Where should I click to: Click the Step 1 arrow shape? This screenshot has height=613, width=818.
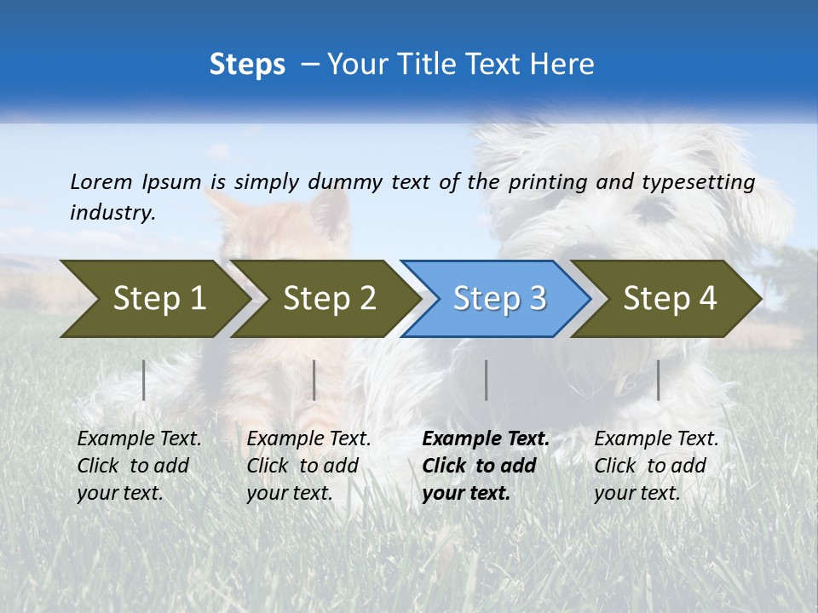pyautogui.click(x=158, y=299)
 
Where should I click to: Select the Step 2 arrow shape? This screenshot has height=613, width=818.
pyautogui.click(x=329, y=299)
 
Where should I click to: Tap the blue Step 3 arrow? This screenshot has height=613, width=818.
pyautogui.click(x=499, y=299)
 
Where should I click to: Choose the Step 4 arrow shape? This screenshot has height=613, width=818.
pyautogui.click(x=670, y=299)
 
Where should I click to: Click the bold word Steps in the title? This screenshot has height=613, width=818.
pyautogui.click(x=247, y=65)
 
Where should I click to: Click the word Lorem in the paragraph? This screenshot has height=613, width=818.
pyautogui.click(x=101, y=181)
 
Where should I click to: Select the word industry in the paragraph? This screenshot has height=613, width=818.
pyautogui.click(x=112, y=213)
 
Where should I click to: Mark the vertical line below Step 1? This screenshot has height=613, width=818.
pyautogui.click(x=144, y=380)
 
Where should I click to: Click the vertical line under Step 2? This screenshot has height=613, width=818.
pyautogui.click(x=314, y=380)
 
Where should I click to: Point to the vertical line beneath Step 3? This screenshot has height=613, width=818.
pyautogui.click(x=487, y=380)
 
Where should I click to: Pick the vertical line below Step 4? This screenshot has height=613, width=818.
pyautogui.click(x=659, y=380)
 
